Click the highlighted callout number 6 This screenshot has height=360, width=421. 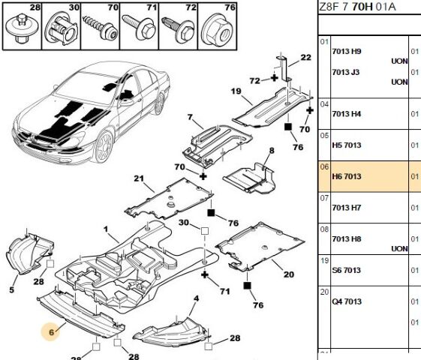[51, 332]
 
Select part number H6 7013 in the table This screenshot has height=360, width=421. [347, 176]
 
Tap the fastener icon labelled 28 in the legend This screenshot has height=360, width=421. [22, 29]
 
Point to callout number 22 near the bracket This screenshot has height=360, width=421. [305, 57]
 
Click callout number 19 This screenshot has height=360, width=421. [236, 91]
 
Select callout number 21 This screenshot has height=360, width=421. [139, 178]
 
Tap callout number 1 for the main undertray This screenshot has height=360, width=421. [106, 229]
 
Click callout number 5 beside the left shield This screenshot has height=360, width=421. [11, 289]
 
